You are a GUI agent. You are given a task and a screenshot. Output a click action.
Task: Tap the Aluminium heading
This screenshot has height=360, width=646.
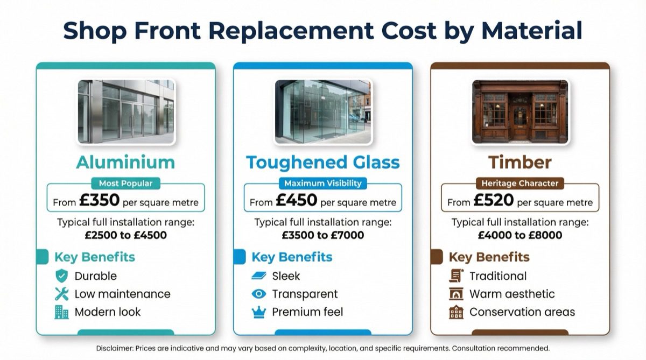coord(125,162)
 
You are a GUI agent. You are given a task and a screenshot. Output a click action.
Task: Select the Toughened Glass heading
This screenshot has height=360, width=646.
coord(323,162)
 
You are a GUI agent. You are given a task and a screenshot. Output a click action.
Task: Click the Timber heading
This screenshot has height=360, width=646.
coord(520,162)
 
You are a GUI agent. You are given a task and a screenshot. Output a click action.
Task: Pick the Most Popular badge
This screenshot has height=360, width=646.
coord(125,183)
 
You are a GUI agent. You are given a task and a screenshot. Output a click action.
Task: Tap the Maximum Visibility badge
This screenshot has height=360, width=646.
coord(323,183)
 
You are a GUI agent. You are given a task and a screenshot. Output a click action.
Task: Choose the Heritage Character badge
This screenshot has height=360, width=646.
coord(520,183)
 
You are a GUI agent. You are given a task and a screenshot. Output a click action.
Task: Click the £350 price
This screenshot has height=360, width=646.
coord(99,201)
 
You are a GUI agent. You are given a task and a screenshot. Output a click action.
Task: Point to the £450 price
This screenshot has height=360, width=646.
coord(297,201)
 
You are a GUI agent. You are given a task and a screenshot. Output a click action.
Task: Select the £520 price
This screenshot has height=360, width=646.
coord(494,201)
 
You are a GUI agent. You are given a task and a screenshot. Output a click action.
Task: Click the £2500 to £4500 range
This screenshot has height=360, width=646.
coord(125,235)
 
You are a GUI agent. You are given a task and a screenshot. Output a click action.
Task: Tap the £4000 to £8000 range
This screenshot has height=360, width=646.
coord(520,235)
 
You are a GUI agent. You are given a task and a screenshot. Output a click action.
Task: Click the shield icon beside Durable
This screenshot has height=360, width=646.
coord(62,276)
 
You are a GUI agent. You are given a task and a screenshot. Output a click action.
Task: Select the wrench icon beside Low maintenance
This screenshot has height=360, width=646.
coord(62,294)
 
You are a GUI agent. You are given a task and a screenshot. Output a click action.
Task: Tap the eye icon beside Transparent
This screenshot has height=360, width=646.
coord(259,294)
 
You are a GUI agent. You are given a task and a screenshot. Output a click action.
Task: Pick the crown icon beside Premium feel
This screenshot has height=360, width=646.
coord(259,312)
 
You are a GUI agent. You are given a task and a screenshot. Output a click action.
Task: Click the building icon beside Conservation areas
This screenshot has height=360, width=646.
coord(456,312)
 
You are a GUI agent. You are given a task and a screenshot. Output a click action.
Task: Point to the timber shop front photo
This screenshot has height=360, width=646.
coord(520,111)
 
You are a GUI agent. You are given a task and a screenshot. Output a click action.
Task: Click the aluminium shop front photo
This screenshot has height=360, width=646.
coord(125,111)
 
